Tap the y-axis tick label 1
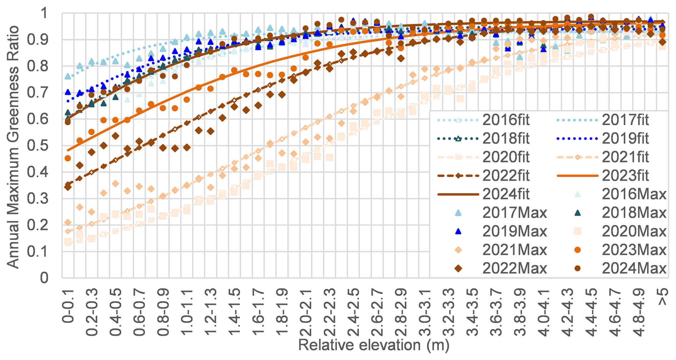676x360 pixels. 44,14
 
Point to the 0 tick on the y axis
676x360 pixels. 44,278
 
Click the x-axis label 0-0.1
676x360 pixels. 68,307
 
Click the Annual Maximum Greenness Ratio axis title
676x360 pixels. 13,147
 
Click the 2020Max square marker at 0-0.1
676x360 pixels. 68,242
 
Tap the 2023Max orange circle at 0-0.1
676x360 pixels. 68,158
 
